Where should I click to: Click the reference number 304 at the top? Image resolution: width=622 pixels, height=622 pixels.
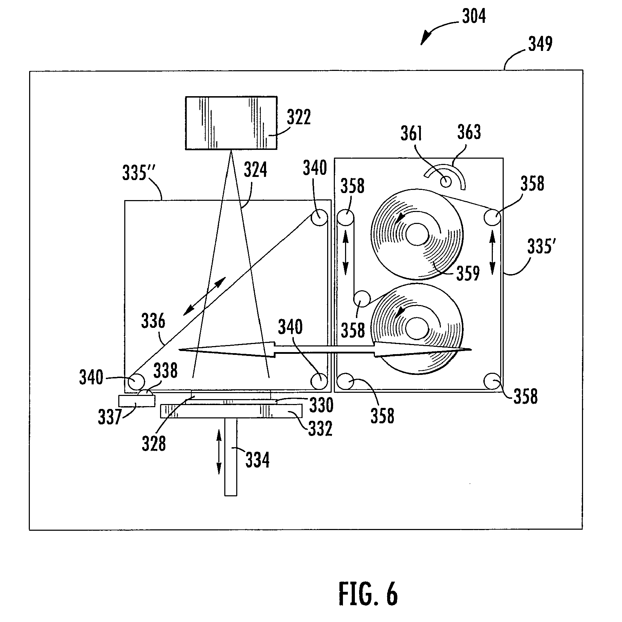coord(474,17)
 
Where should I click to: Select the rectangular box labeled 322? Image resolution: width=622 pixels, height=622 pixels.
coord(231,123)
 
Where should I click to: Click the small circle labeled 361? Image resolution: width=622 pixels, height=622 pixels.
coord(446,181)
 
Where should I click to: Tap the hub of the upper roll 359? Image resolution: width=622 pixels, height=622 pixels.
coord(417,234)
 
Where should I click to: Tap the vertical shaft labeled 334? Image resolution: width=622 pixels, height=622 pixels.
coord(231,457)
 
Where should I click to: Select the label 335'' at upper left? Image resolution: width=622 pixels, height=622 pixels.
coord(139,173)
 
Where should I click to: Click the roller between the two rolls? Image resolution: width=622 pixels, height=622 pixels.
coord(362,299)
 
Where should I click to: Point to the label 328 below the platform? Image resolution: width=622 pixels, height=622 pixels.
coord(154,443)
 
